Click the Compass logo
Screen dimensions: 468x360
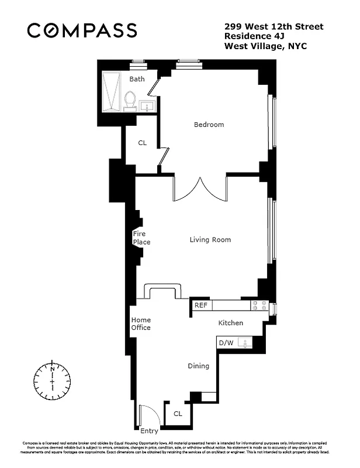coord(82,30)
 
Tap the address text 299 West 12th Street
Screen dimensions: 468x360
coord(274,26)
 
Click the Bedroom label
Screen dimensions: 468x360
coord(209,125)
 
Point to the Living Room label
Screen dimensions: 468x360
coord(210,239)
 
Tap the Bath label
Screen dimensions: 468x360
coord(137,79)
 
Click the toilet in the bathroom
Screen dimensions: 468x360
coord(130,100)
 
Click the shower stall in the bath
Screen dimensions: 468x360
coord(110,91)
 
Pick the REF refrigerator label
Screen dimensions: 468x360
coord(200,305)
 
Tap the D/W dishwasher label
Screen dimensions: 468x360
coord(225,342)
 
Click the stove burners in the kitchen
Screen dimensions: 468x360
coord(259,305)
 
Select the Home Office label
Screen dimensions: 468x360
coord(141,324)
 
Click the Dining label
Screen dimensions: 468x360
coord(198,366)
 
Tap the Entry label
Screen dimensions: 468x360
coord(149,431)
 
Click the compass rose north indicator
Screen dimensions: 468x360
coord(53,369)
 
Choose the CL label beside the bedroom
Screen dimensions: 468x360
coord(142,143)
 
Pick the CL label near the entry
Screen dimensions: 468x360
coord(178,414)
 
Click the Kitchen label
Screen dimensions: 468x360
coord(230,323)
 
